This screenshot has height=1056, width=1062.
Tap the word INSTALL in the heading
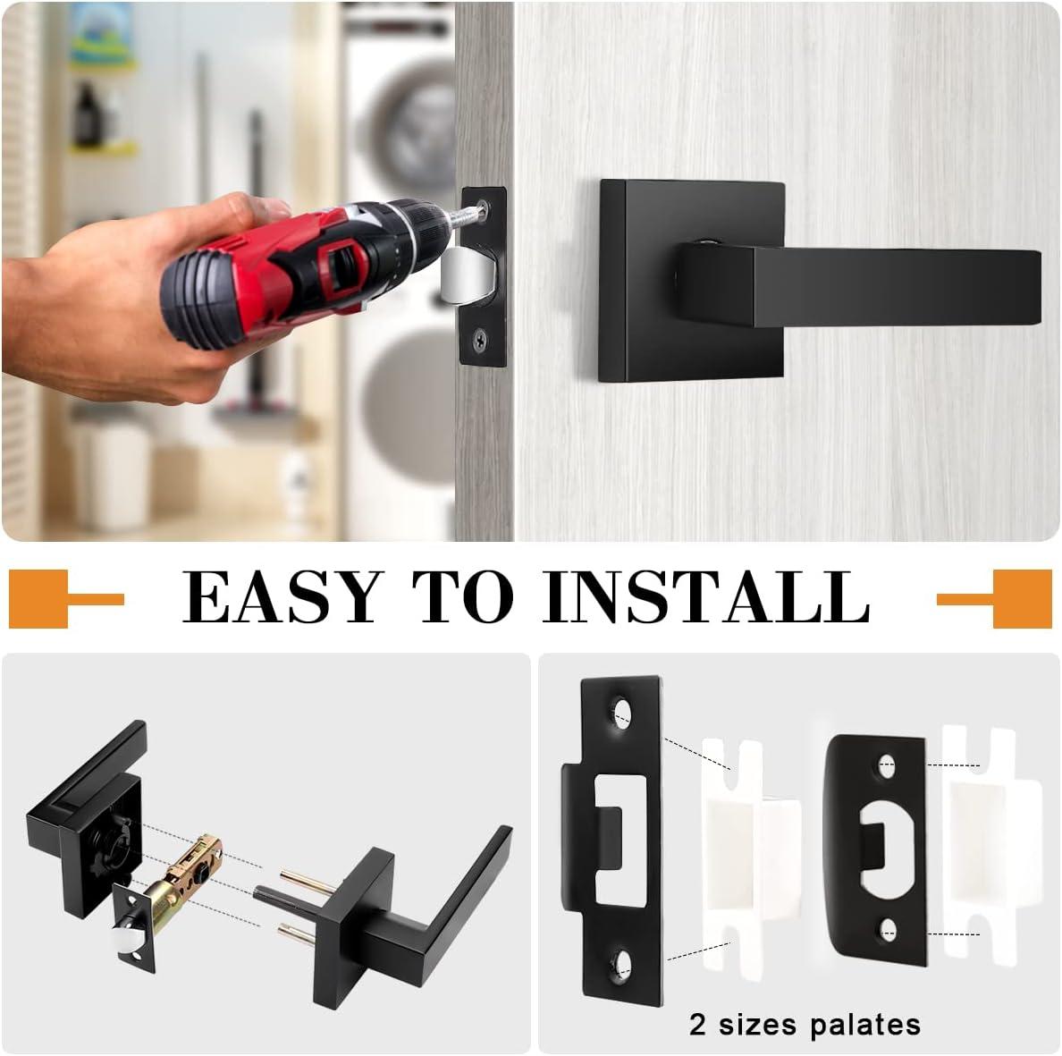coord(705,596)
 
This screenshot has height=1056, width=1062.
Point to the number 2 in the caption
coord(697,1024)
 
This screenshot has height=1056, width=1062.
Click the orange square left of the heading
coord(38,599)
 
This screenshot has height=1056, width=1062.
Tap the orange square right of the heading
coord(1022,599)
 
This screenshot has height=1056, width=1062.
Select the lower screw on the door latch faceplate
coord(480,338)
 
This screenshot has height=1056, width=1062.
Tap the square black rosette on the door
coord(691,281)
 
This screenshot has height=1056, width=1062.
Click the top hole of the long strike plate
coord(622,714)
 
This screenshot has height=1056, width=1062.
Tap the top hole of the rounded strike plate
coord(887,767)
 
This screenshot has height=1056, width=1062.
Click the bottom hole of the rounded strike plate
coord(888,931)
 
